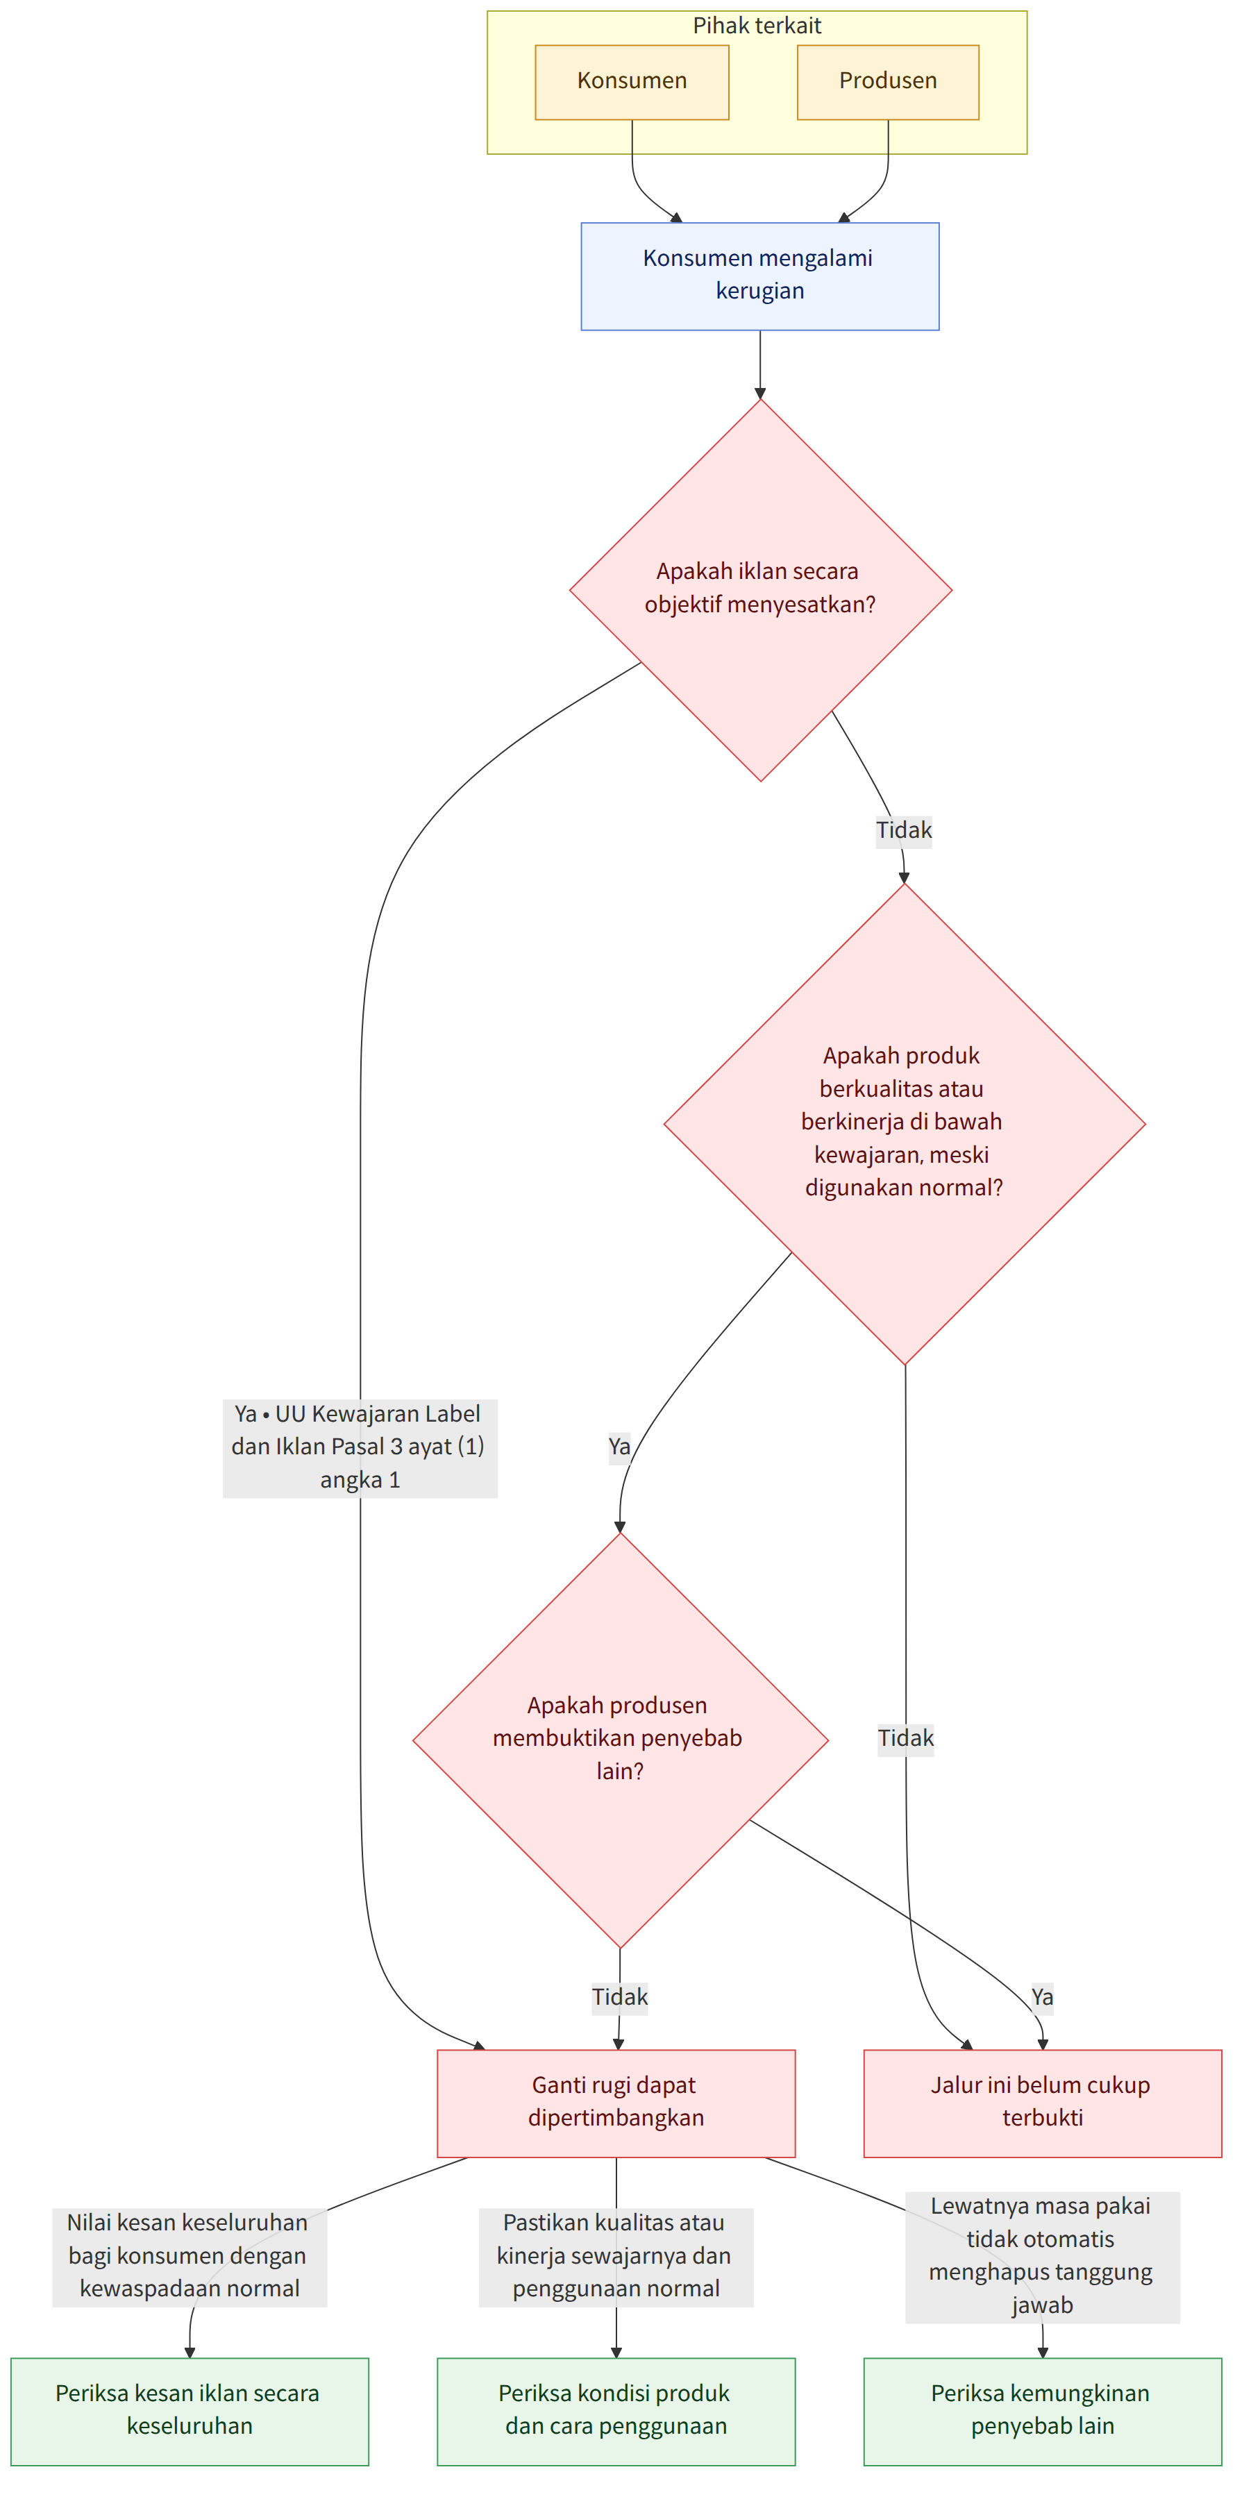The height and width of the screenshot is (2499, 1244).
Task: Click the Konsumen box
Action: click(632, 83)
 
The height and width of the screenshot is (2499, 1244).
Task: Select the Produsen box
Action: click(888, 83)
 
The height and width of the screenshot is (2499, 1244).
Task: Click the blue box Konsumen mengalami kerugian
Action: click(759, 276)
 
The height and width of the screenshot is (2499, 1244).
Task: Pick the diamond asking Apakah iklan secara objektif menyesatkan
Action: click(761, 590)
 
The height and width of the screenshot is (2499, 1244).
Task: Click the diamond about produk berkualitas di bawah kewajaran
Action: click(905, 1125)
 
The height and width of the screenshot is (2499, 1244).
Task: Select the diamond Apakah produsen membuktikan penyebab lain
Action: click(620, 1740)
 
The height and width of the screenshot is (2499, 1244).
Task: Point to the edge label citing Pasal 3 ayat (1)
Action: click(360, 1447)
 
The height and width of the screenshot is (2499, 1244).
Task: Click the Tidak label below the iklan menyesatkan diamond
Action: click(903, 830)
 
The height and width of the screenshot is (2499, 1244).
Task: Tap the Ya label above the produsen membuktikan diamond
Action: click(619, 1447)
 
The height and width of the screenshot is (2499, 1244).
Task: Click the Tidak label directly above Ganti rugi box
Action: click(620, 1997)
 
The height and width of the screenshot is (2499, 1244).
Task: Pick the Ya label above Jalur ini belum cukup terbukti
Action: click(1042, 1997)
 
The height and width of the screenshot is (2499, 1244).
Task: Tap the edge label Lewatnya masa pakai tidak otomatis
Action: click(1042, 2257)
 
